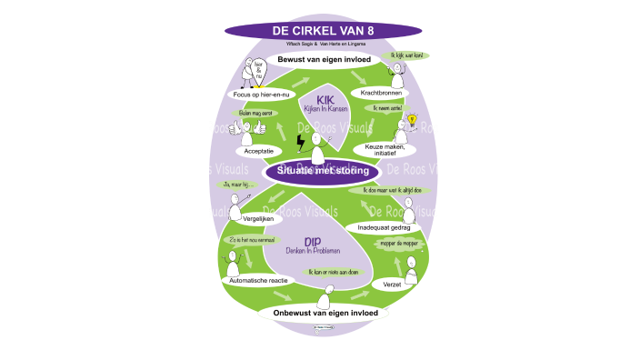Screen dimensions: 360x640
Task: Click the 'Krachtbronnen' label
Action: [383, 93]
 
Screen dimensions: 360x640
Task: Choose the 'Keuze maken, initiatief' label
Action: [391, 150]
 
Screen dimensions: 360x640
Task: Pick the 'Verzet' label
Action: [393, 285]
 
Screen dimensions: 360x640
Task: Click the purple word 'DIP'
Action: [311, 241]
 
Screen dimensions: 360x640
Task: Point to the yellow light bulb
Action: [410, 121]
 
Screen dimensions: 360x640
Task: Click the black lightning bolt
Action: [302, 145]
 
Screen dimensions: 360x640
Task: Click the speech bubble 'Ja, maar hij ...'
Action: [238, 185]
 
